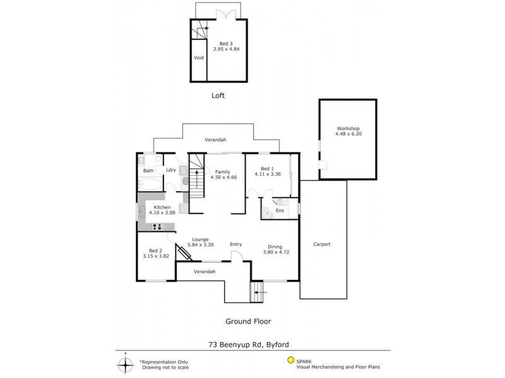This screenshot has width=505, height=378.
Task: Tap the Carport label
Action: [321, 244]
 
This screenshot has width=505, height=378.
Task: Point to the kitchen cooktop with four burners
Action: [157, 227]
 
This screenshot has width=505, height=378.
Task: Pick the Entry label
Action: [235, 244]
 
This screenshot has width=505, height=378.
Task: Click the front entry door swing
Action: [235, 256]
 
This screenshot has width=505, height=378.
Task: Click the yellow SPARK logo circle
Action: [290, 361]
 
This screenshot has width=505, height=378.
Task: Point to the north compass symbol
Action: [125, 364]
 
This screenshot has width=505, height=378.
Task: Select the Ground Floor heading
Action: [248, 321]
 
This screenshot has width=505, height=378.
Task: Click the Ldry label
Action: [170, 171]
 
